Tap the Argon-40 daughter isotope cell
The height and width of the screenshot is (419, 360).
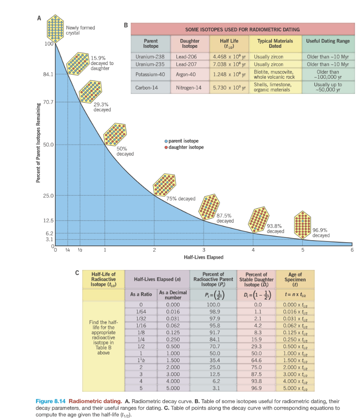pyautogui.click(x=186, y=75)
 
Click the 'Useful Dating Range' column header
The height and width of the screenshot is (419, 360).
pyautogui.click(x=328, y=41)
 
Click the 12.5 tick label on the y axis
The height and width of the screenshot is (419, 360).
pyautogui.click(x=48, y=221)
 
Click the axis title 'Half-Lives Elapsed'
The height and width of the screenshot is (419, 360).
pyautogui.click(x=203, y=257)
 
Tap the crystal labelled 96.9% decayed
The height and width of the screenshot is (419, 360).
pyautogui.click(x=303, y=225)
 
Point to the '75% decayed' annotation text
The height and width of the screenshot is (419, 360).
pyautogui.click(x=181, y=199)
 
